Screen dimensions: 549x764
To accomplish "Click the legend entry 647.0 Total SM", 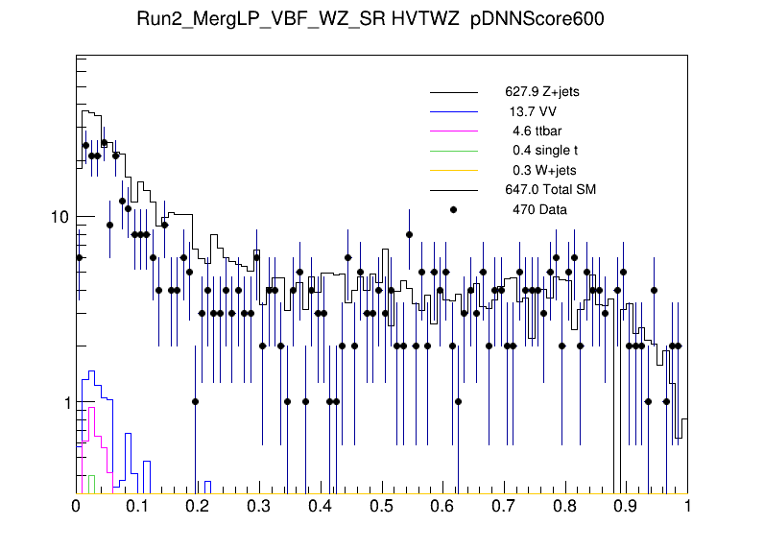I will click(551, 189).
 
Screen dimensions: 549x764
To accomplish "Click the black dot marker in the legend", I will click(454, 208).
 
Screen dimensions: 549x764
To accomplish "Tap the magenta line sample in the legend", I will click(454, 131).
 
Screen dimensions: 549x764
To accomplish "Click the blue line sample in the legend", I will click(454, 112).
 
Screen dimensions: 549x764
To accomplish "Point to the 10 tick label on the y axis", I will click(60, 217).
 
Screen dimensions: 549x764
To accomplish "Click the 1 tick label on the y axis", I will click(64, 403).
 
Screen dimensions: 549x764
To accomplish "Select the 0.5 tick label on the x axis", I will click(382, 507).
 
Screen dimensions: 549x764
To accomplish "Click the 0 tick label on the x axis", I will click(77, 507).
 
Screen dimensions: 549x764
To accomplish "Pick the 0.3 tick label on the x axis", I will click(260, 507).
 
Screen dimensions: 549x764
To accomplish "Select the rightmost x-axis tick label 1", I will click(687, 507).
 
